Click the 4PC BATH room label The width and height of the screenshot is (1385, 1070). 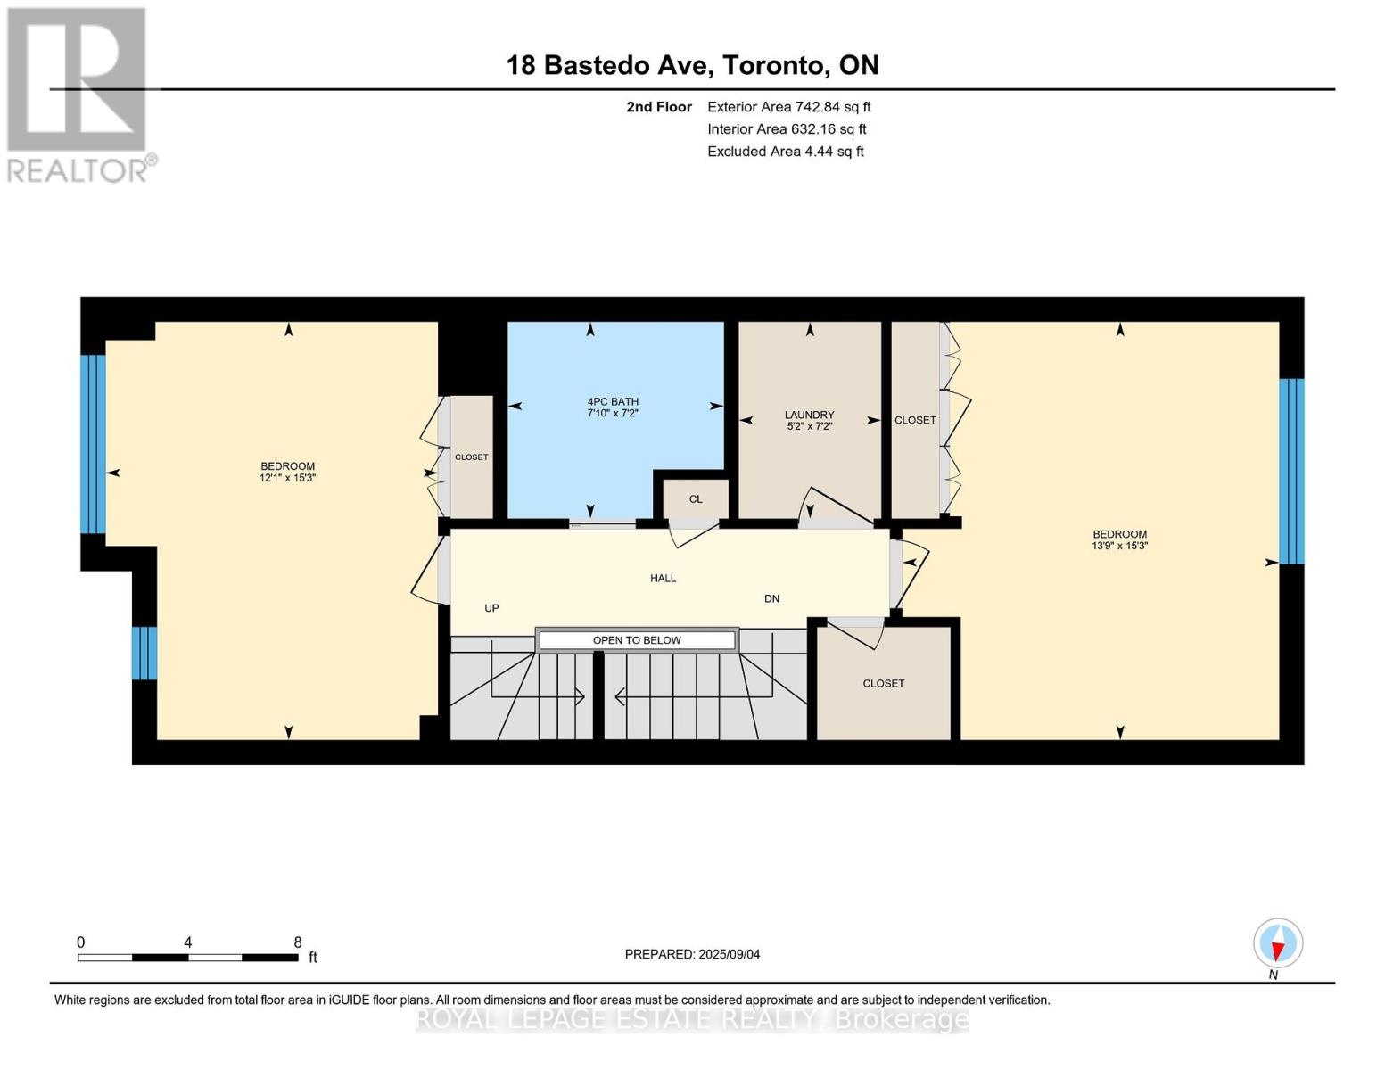coord(613,401)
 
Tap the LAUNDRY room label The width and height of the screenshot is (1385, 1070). coord(809,415)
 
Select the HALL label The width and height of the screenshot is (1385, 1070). coord(663,578)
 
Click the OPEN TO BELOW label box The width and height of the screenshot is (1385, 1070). coord(637,640)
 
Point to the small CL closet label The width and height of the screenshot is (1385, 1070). coord(696,499)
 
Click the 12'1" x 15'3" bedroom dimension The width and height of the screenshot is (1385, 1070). coord(287,478)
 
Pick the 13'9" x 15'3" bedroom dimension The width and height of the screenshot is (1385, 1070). coord(1119,546)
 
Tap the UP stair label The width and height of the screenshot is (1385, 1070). coord(491,608)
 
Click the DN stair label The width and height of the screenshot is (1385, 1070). coord(772,598)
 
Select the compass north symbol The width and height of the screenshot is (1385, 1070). coord(1278,943)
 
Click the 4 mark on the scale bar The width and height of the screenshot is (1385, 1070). coord(187,942)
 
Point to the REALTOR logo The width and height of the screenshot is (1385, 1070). coord(78,94)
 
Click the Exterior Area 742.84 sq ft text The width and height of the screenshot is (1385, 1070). coord(788,107)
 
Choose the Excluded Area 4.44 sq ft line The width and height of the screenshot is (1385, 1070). coord(785,152)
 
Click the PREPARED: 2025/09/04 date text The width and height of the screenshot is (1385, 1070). coord(692,954)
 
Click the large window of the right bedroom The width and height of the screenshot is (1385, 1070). coord(1291,471)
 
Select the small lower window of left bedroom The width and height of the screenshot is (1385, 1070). coord(144,653)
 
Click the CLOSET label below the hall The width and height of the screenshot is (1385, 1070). coord(883,683)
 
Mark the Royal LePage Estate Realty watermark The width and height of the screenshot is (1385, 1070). coord(692,1019)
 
